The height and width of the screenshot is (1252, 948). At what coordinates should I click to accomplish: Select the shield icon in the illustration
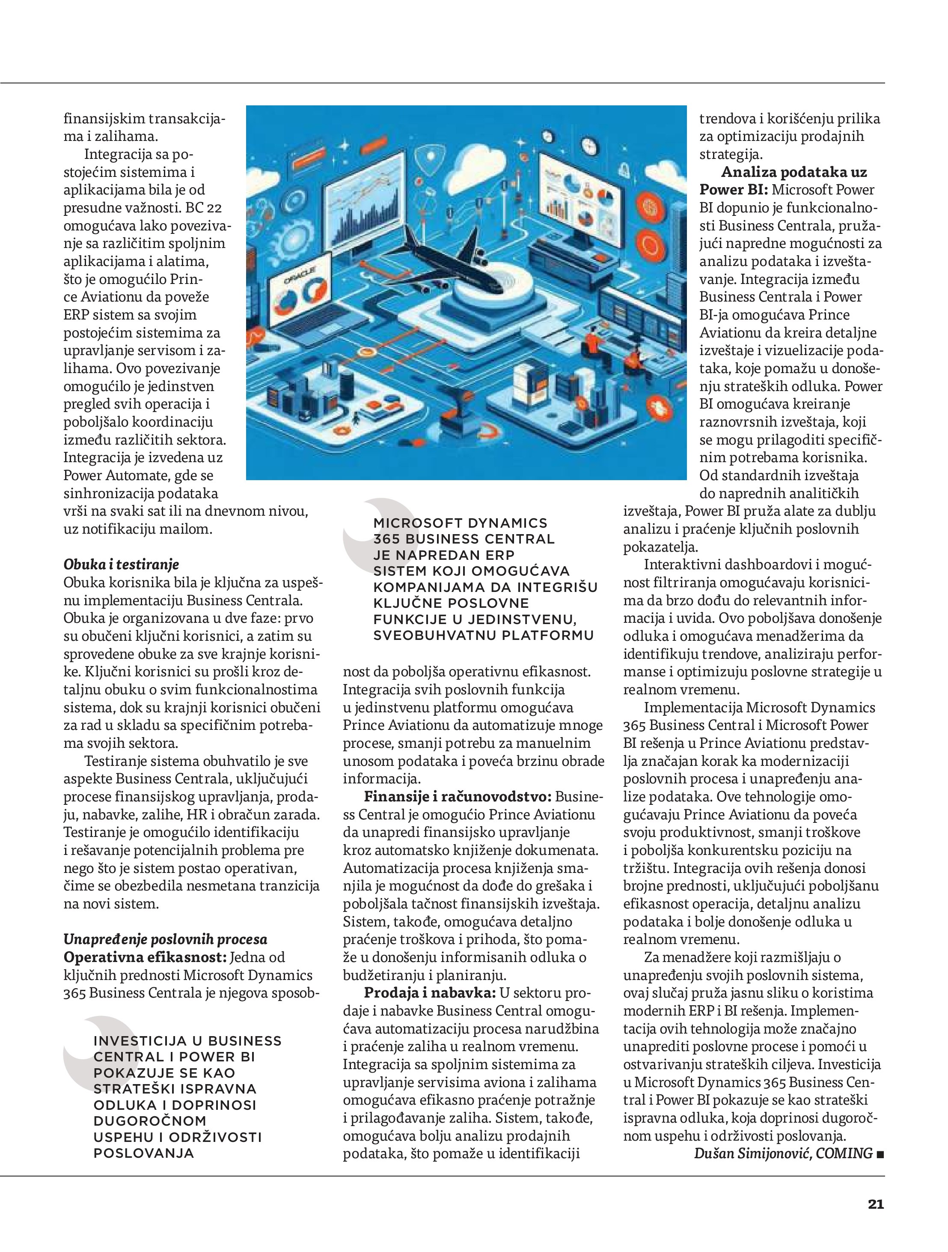click(430, 165)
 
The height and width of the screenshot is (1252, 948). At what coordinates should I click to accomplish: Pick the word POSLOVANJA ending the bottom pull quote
click(144, 1153)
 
